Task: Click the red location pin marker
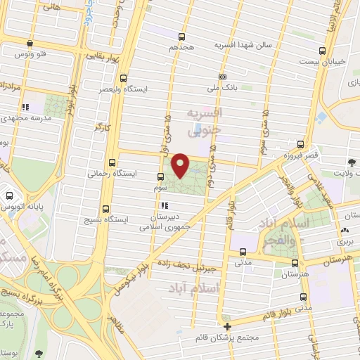coord(181,165)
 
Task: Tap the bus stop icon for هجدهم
coord(183,37)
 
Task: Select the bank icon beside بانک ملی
coord(223,77)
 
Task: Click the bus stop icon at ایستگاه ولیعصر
coord(124,78)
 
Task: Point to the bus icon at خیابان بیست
coord(322,51)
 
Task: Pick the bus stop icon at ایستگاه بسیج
coord(106,209)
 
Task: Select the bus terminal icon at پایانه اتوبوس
coord(8,195)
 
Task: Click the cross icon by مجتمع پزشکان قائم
coord(226,326)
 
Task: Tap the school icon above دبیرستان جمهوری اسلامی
coord(164,206)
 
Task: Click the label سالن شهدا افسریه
coord(250,44)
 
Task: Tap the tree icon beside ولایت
coord(351,162)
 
